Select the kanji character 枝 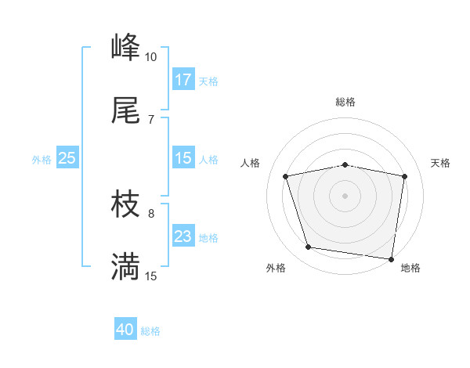click(x=125, y=205)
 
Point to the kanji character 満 click(x=125, y=267)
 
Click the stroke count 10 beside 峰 click(x=150, y=57)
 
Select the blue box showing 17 click(x=183, y=79)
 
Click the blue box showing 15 click(x=183, y=158)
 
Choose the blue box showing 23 click(x=183, y=236)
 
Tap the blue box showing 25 click(x=67, y=158)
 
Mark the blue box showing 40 click(x=125, y=330)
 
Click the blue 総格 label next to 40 click(x=150, y=331)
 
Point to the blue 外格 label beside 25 click(x=42, y=159)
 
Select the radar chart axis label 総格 click(x=345, y=102)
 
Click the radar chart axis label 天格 click(x=441, y=163)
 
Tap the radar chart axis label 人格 click(x=251, y=163)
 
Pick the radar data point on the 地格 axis click(x=391, y=258)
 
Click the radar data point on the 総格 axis click(x=345, y=164)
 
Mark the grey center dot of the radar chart click(x=345, y=195)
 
